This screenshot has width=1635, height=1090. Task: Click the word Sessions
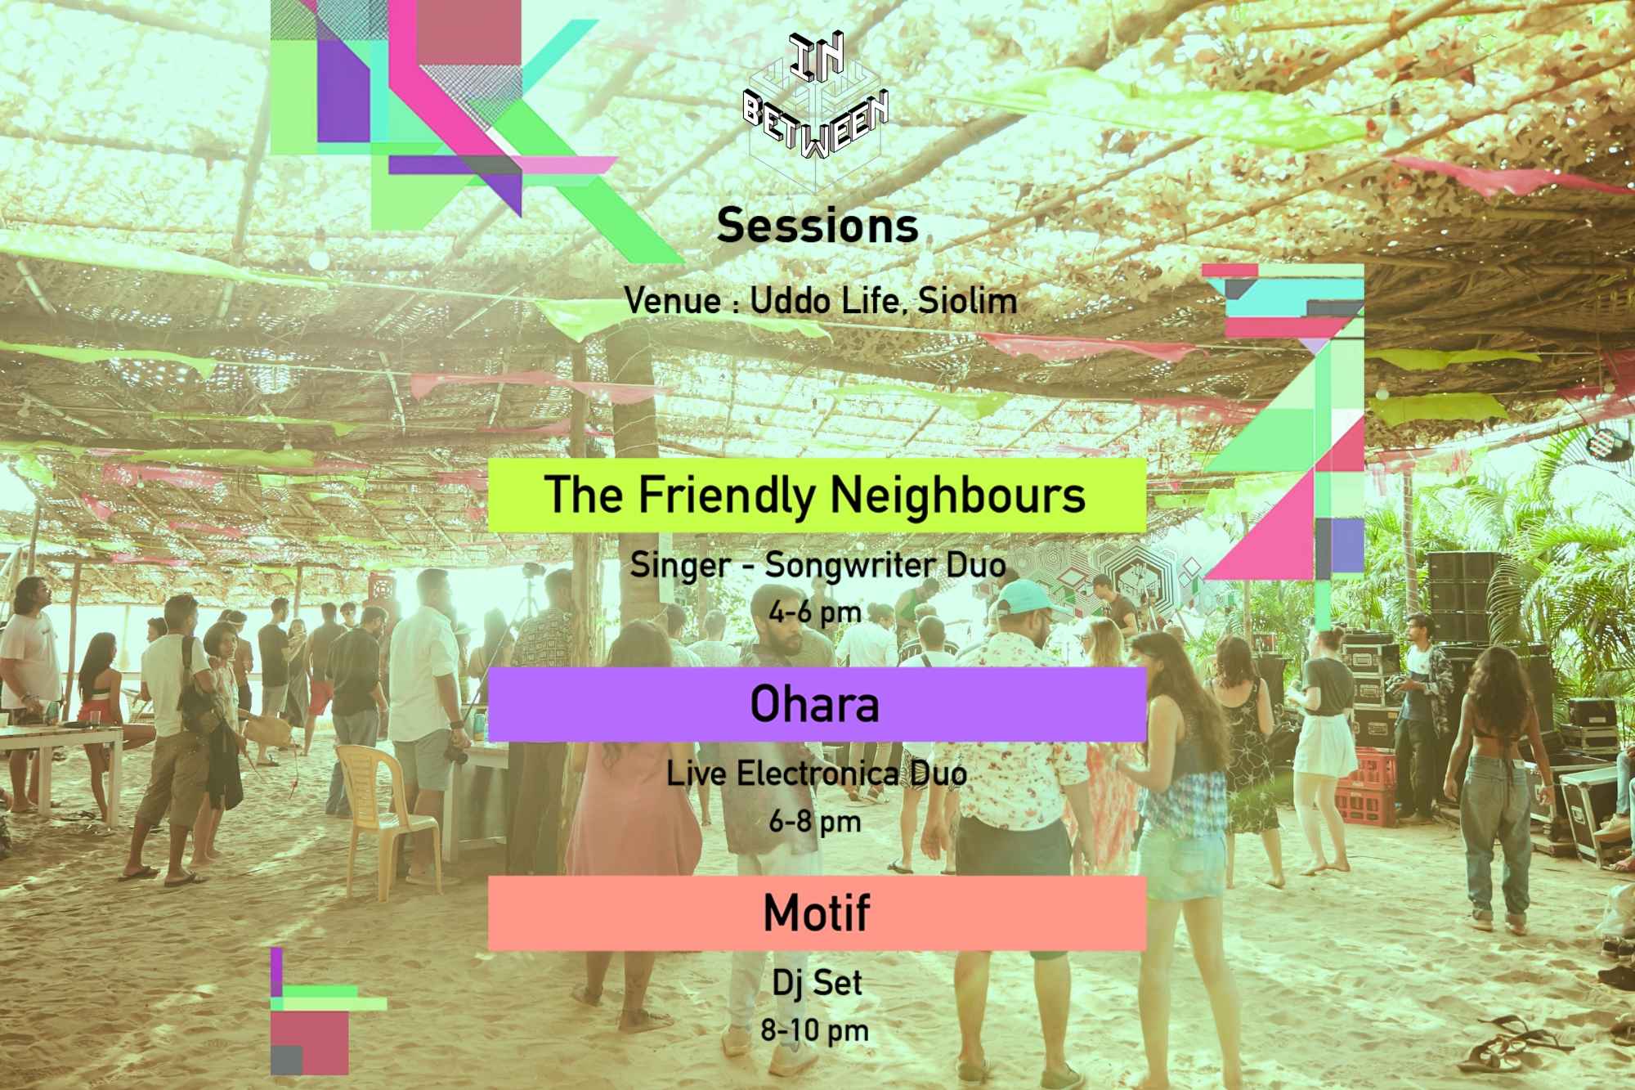pyautogui.click(x=817, y=226)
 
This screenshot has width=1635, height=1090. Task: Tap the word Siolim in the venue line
pyautogui.click(x=968, y=301)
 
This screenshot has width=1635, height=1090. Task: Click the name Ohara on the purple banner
pyautogui.click(x=815, y=705)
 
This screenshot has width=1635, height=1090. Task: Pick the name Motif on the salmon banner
pyautogui.click(x=816, y=913)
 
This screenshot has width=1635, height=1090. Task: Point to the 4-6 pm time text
pyautogui.click(x=815, y=612)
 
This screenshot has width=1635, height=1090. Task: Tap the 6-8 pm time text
pyautogui.click(x=815, y=821)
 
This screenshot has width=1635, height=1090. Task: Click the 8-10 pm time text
pyautogui.click(x=814, y=1030)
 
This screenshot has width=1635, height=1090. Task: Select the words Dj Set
pyautogui.click(x=817, y=983)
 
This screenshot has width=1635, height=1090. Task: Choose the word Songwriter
pyautogui.click(x=844, y=565)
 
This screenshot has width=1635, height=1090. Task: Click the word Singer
pyautogui.click(x=680, y=565)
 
